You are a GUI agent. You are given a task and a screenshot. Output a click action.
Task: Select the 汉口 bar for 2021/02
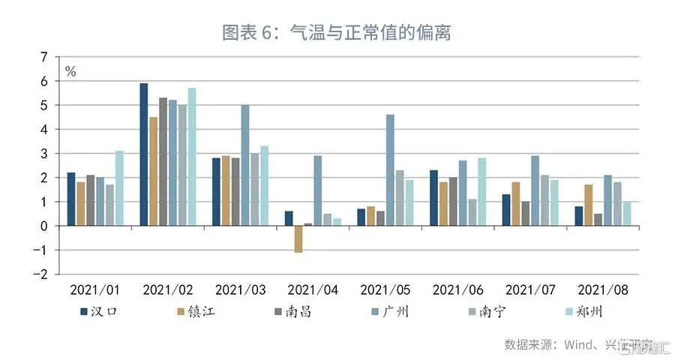(x=144, y=154)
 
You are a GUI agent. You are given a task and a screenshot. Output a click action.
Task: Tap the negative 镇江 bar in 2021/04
(x=298, y=238)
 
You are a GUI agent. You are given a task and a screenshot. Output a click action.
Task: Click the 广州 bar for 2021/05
(x=390, y=169)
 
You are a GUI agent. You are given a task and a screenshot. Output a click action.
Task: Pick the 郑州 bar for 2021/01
(x=120, y=187)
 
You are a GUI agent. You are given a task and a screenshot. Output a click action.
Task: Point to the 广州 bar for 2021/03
(x=245, y=165)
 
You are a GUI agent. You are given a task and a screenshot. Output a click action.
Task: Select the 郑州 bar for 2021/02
(x=193, y=157)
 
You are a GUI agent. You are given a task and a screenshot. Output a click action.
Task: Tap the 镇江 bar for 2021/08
(x=589, y=205)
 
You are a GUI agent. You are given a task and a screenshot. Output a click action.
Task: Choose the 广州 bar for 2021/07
(x=535, y=190)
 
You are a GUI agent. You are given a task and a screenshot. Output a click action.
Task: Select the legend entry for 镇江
(x=196, y=310)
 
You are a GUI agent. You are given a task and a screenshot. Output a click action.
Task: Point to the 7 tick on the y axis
(x=43, y=57)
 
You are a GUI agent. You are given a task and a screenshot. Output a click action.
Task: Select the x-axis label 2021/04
(x=313, y=289)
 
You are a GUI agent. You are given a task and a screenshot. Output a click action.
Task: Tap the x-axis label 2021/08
(x=604, y=289)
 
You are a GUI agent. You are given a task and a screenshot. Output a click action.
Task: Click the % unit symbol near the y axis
(x=70, y=72)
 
